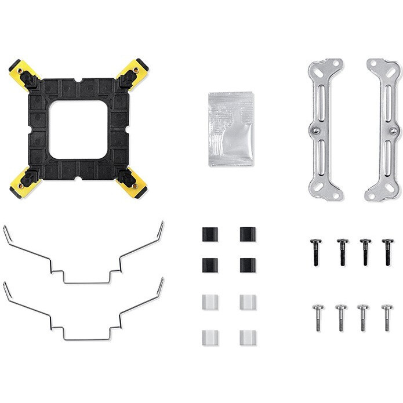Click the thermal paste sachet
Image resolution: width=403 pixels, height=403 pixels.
coord(231,129)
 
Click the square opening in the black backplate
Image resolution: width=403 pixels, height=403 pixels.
coord(78,129)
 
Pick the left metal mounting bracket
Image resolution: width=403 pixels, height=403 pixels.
coord(325,129)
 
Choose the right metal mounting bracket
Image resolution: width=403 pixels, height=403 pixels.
coord(384,129)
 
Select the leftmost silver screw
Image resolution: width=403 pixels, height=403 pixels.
coord(317,317)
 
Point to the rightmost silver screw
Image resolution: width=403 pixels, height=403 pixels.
coord(387,317)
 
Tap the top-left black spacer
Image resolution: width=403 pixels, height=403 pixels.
coord(210,234)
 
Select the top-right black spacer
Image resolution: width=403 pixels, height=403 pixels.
coord(248,234)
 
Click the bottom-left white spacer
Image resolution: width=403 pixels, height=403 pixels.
coord(210,337)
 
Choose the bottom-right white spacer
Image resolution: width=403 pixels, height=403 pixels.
coord(248,337)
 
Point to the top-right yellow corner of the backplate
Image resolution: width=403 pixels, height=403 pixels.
coord(135,72)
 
